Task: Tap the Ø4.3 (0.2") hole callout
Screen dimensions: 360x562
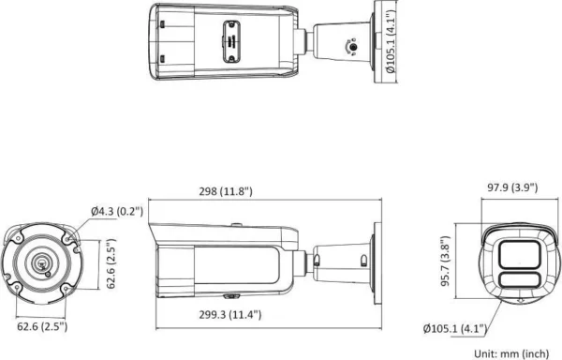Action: [117, 212]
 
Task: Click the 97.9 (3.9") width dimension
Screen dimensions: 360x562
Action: [505, 187]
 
